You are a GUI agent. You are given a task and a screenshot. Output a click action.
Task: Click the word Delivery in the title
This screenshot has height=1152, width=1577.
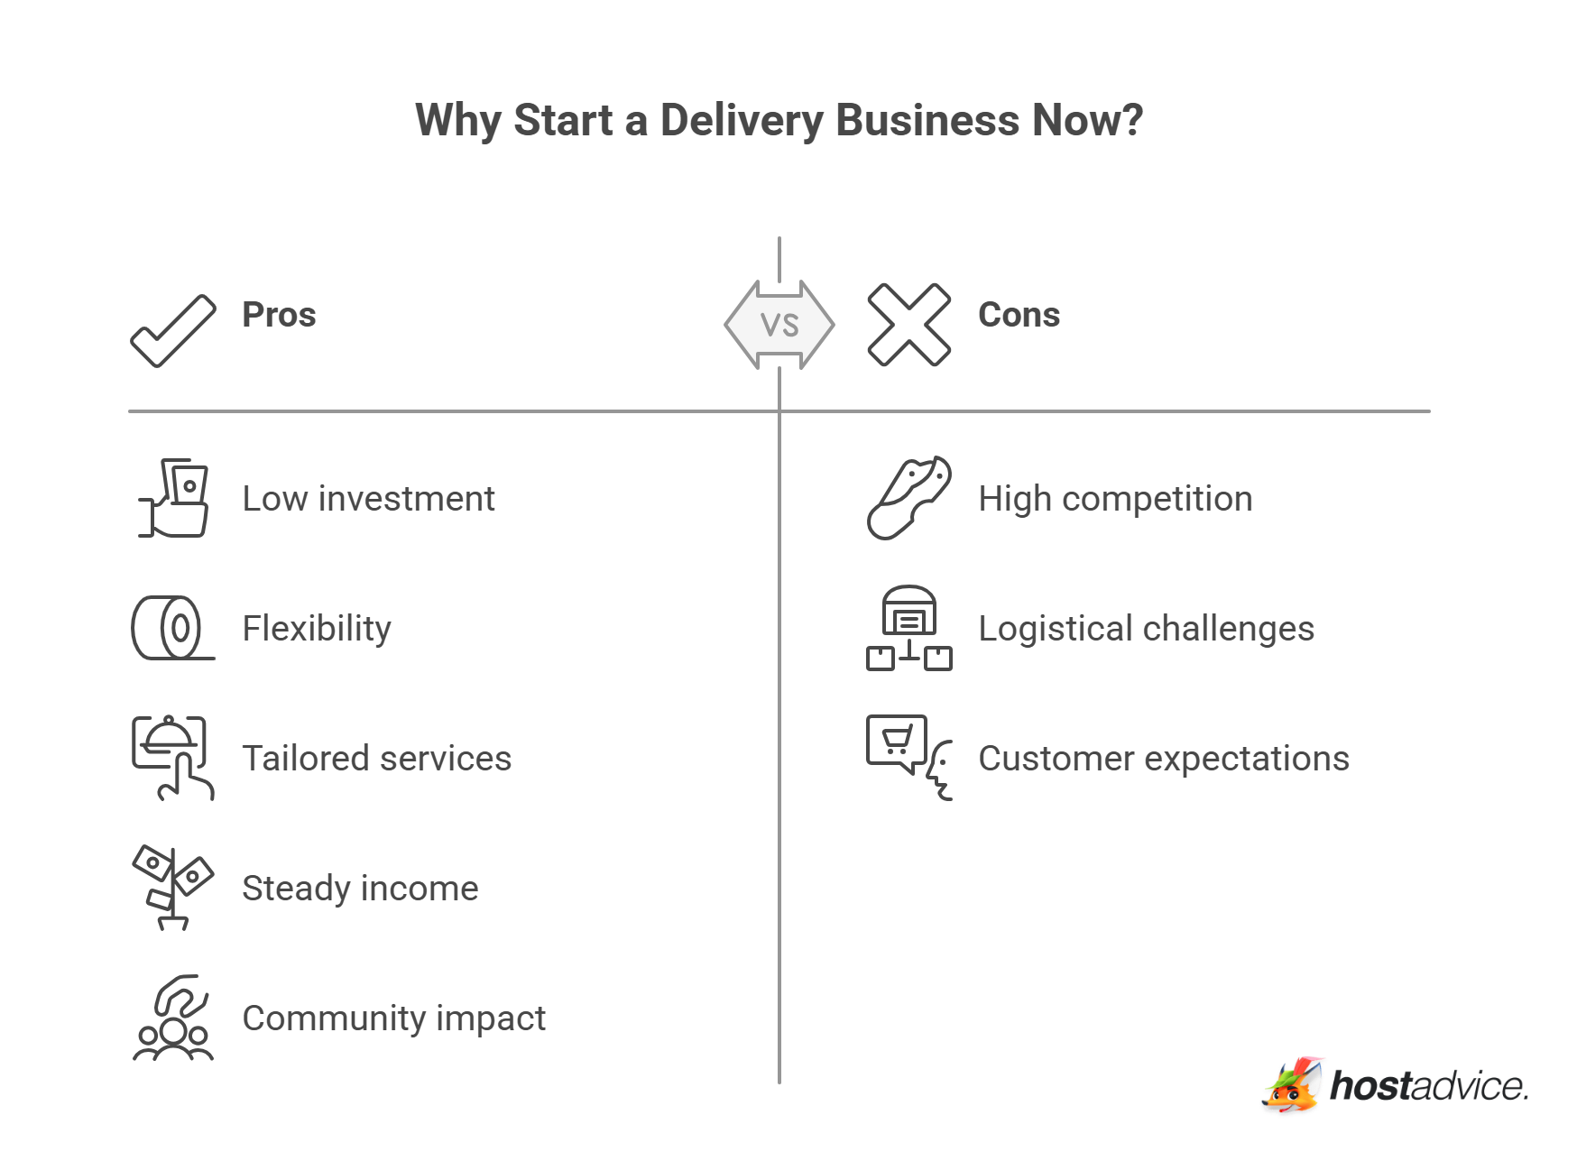741,120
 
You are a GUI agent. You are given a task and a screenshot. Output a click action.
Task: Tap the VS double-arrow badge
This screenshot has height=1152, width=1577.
779,325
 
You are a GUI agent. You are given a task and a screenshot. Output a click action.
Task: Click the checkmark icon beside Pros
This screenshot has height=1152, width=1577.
173,331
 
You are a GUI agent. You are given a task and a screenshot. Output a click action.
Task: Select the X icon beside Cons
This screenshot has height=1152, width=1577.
908,325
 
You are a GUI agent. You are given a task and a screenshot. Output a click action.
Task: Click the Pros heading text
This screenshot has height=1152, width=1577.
279,315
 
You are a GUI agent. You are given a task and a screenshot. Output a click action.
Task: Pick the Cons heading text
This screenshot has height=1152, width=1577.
1019,315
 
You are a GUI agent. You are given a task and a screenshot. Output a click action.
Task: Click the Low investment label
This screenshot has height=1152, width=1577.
368,499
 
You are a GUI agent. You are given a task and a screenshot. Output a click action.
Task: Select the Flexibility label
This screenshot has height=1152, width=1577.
317,629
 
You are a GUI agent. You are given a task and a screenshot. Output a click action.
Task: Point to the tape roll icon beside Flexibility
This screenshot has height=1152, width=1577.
171,628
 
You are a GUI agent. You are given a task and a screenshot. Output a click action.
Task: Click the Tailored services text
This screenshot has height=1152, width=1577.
376,759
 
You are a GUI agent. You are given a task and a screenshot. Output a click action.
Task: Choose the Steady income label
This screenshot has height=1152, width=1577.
360,889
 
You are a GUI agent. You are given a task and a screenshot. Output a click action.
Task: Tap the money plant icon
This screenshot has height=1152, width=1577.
172,888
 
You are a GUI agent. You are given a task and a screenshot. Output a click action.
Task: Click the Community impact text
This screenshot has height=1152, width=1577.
393,1018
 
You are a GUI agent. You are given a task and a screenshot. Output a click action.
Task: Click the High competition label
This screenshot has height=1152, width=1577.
1115,499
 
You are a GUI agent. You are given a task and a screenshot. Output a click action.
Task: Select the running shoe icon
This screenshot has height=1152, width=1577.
908,498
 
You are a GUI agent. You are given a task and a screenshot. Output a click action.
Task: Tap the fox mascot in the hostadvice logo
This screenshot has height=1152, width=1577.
1293,1086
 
